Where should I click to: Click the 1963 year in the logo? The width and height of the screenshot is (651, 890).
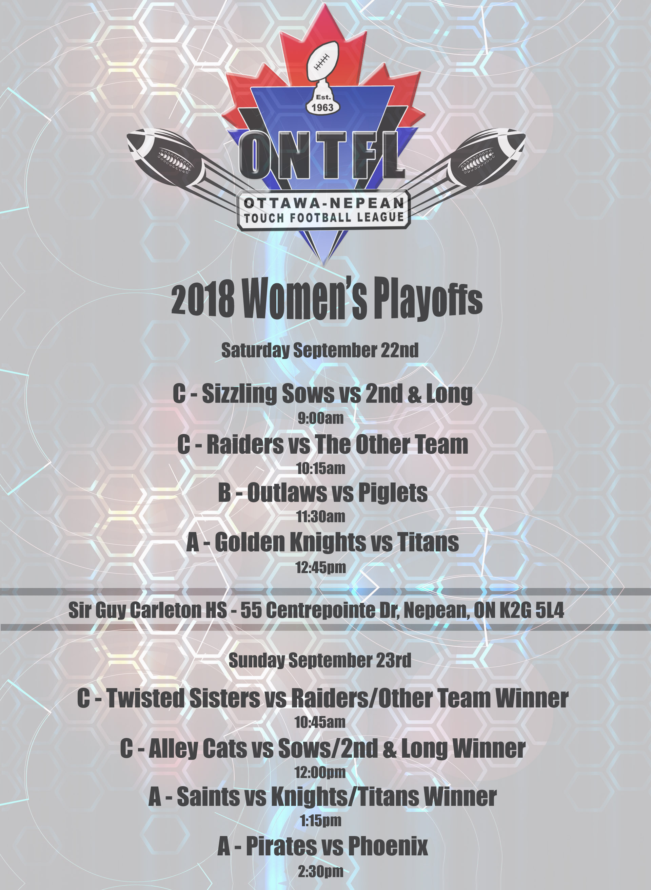coord(322,107)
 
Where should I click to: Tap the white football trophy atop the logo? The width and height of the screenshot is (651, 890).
coord(323,67)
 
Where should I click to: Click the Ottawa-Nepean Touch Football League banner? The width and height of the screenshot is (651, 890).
coord(323,210)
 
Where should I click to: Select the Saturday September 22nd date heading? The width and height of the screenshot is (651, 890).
coord(320,350)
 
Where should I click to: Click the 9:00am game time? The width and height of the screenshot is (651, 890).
coord(320,418)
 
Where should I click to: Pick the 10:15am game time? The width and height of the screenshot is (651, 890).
coord(321,469)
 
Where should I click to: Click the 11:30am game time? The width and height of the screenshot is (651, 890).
coord(321,516)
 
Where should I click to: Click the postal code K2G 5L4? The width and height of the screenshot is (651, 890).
coord(532,610)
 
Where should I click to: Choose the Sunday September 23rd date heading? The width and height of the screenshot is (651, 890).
coord(320,661)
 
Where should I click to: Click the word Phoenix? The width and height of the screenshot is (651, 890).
coord(388,846)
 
